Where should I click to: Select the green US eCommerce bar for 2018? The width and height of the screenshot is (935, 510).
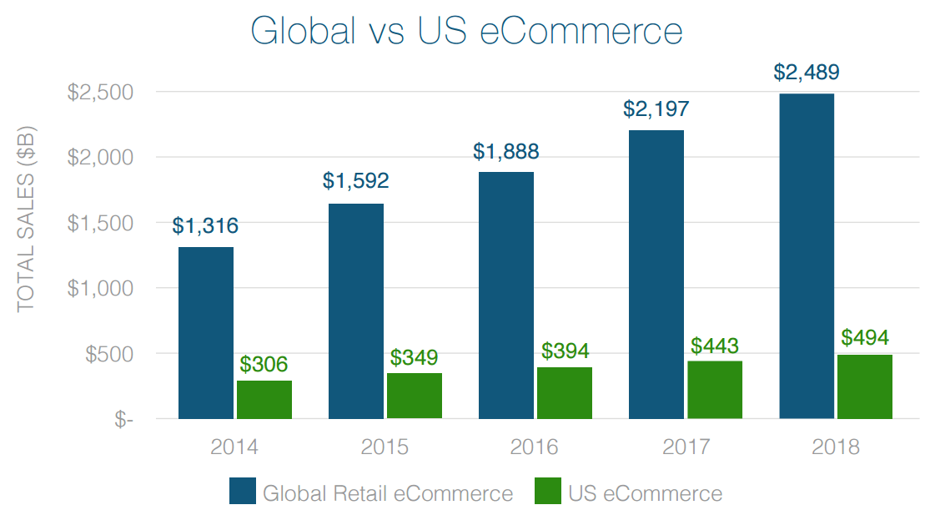pos(865,386)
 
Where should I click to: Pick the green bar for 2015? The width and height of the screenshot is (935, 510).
pos(415,396)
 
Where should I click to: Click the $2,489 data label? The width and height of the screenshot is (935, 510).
pos(807,73)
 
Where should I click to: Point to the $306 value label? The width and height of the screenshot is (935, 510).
pos(264,364)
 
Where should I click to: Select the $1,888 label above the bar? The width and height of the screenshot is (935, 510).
pos(506,152)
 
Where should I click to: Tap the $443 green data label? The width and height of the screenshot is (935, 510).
pos(715,345)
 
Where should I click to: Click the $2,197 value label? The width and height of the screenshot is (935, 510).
pos(656,109)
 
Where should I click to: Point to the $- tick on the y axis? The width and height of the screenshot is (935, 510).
pos(123,420)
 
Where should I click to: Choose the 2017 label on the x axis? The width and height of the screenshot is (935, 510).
pos(686,447)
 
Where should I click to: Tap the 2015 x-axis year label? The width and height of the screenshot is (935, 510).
pos(385,447)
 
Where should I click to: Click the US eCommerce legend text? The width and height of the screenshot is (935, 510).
pos(646,492)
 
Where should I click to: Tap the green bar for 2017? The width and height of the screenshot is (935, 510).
pos(715,389)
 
